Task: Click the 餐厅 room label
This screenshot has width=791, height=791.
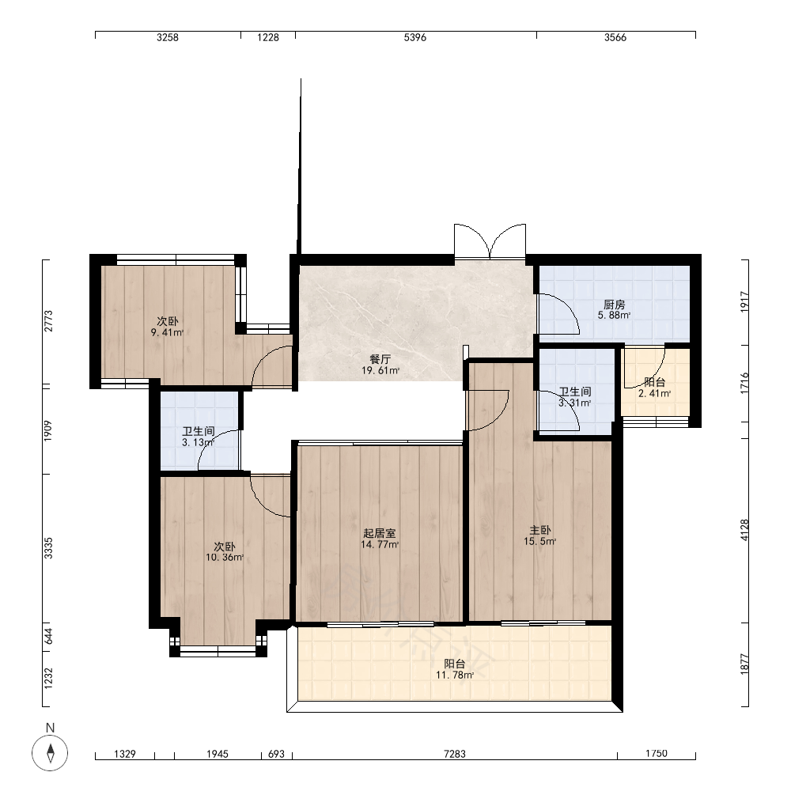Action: [x=380, y=359]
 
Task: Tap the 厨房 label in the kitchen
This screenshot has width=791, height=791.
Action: [x=614, y=305]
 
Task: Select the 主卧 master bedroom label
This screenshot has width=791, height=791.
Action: [x=539, y=530]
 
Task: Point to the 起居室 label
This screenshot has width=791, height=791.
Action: [x=380, y=533]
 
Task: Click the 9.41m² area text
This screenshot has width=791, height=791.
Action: [x=167, y=332]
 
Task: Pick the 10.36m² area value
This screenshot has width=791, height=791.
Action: [x=225, y=558]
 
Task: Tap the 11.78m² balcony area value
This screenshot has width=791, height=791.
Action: [x=455, y=675]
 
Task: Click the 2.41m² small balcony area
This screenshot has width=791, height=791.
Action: [x=654, y=393]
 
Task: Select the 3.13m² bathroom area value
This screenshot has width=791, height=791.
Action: [x=198, y=442]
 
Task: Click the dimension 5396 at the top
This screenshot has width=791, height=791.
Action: [x=415, y=37]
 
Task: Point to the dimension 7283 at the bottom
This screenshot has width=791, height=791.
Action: [x=455, y=754]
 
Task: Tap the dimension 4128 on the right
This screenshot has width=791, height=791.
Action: [x=744, y=530]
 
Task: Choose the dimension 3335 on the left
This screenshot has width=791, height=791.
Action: [x=48, y=548]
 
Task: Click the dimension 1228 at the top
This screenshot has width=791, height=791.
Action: [x=268, y=37]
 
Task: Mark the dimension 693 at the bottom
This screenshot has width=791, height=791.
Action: [x=276, y=754]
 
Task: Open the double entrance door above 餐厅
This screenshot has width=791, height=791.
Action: [x=490, y=241]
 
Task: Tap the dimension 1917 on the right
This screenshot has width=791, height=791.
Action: [x=744, y=301]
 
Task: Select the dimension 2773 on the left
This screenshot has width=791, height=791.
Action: [x=48, y=321]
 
